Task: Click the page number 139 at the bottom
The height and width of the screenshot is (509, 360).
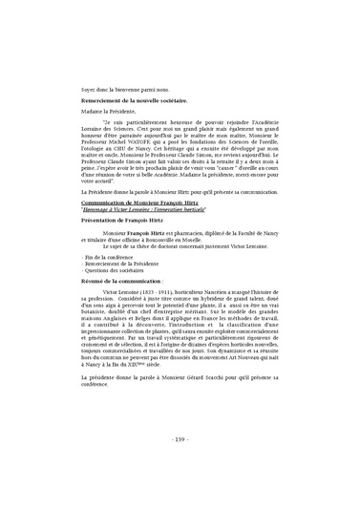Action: coord(180,466)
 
